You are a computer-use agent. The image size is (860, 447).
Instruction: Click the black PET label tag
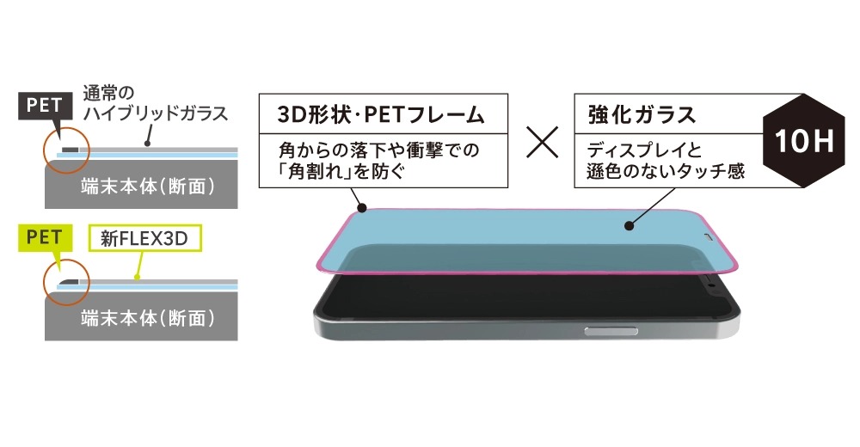click(x=45, y=106)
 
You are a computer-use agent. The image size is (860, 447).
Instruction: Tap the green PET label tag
click(x=45, y=238)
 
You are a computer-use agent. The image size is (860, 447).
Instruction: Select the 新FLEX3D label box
click(x=144, y=239)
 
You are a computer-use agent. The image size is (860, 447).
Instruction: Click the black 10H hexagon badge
click(x=803, y=141)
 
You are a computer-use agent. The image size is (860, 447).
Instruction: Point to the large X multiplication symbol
click(x=542, y=142)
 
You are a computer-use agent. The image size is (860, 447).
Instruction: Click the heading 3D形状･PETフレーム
click(x=381, y=114)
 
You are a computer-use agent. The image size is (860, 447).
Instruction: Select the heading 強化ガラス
click(x=642, y=114)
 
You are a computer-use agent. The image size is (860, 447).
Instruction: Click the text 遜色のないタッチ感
click(x=666, y=171)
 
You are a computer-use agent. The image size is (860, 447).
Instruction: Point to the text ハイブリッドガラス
click(x=155, y=113)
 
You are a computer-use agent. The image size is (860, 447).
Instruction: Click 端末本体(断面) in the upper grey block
click(x=148, y=187)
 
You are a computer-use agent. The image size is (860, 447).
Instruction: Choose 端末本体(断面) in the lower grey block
click(x=148, y=318)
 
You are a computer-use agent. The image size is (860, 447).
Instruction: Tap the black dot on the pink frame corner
click(x=361, y=208)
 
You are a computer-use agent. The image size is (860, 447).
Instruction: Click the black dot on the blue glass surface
click(x=630, y=225)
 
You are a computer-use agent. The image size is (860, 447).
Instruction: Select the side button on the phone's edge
click(x=611, y=331)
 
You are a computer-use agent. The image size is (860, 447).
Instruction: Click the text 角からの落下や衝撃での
click(x=378, y=150)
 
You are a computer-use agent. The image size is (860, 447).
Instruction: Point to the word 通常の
click(x=108, y=93)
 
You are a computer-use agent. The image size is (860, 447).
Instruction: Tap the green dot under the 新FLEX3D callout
click(x=137, y=278)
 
